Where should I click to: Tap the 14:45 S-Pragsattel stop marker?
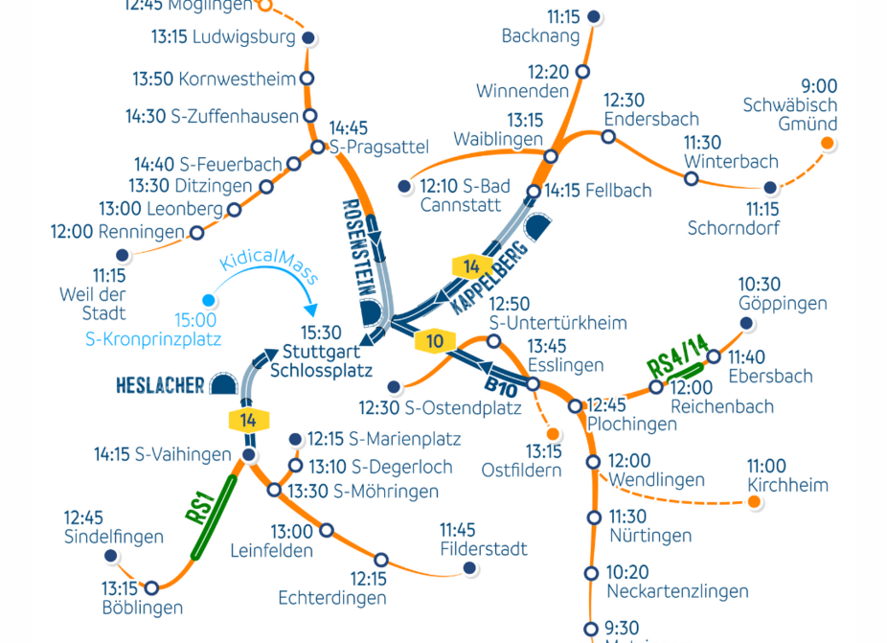click(318, 147)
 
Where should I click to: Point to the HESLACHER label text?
click(160, 386)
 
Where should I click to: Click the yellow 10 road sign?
click(436, 340)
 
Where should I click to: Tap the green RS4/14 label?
click(677, 356)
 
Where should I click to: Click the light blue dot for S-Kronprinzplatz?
click(207, 301)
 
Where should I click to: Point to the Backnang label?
click(540, 36)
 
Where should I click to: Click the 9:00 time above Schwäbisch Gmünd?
click(819, 87)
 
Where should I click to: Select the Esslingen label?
click(565, 365)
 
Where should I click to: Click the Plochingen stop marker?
click(575, 406)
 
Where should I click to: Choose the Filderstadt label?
click(484, 549)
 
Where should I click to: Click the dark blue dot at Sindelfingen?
click(110, 556)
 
